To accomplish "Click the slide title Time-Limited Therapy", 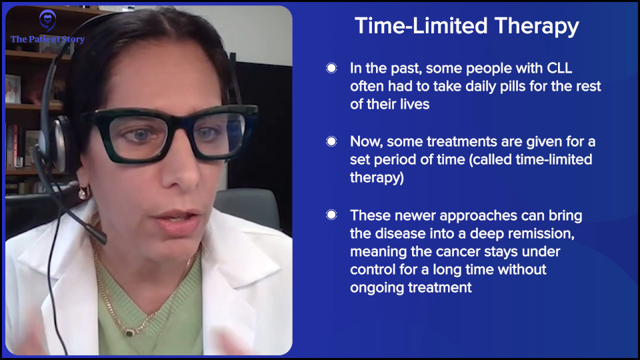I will point(467,26).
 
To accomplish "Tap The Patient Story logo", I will point(47,30).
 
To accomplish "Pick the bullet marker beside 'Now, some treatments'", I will point(331,141).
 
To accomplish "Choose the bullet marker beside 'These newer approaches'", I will point(331,215).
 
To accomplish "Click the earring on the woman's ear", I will point(83,193).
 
